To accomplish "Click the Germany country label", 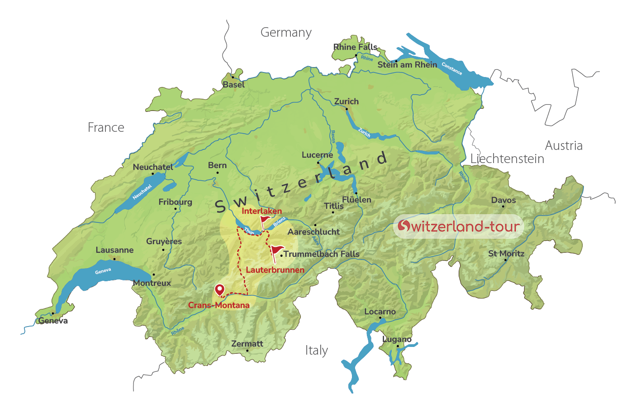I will pyautogui.click(x=286, y=33).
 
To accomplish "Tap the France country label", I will pyautogui.click(x=106, y=128).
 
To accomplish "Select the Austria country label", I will pyautogui.click(x=564, y=145).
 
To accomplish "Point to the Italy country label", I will pyautogui.click(x=316, y=350).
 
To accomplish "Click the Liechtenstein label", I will pyautogui.click(x=507, y=159).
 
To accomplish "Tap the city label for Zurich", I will pyautogui.click(x=346, y=101).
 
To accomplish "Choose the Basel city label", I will pyautogui.click(x=233, y=85).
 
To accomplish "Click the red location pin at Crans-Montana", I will pyautogui.click(x=219, y=289).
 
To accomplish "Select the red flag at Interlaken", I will pyautogui.click(x=265, y=221).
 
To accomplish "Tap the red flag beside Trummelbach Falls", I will pyautogui.click(x=276, y=250).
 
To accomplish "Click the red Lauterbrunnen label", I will pyautogui.click(x=275, y=270).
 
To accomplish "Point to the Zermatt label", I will pyautogui.click(x=247, y=344).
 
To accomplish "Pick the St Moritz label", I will pyautogui.click(x=506, y=254).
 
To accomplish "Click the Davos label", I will pyautogui.click(x=503, y=200).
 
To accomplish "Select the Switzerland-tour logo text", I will pyautogui.click(x=459, y=226).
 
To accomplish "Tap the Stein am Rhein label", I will pyautogui.click(x=407, y=65).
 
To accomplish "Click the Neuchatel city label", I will pyautogui.click(x=152, y=167).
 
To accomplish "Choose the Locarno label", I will pyautogui.click(x=380, y=312).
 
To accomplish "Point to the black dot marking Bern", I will pyautogui.click(x=218, y=173).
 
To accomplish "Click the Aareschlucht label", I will pyautogui.click(x=313, y=232).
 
